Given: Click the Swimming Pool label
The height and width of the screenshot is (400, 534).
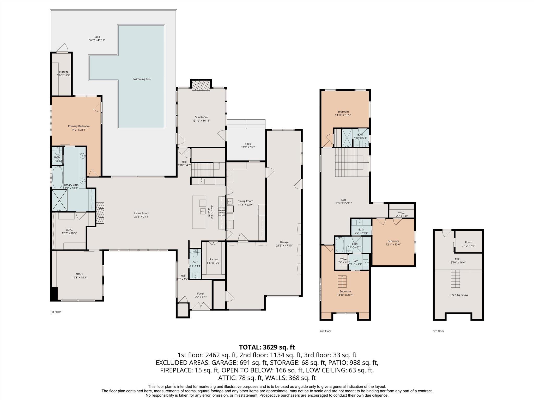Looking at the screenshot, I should click(142, 79).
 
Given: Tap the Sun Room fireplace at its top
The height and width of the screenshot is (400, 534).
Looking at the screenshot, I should click(201, 85).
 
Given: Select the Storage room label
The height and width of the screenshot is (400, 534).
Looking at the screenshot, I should click(63, 72).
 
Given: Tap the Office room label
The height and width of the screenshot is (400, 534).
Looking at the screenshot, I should click(80, 274).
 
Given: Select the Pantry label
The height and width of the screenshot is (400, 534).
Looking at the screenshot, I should click(214, 259).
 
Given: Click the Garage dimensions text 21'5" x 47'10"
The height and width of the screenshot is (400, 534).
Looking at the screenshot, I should click(284, 245).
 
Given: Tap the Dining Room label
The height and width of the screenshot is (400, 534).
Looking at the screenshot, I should click(245, 201).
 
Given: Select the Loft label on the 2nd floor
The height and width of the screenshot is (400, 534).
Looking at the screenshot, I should click(343, 200).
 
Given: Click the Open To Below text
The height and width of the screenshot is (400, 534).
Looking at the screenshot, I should click(458, 295).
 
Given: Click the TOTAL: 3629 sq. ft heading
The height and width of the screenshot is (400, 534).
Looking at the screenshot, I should click(267, 347).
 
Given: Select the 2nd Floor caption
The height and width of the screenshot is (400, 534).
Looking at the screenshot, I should click(325, 331).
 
